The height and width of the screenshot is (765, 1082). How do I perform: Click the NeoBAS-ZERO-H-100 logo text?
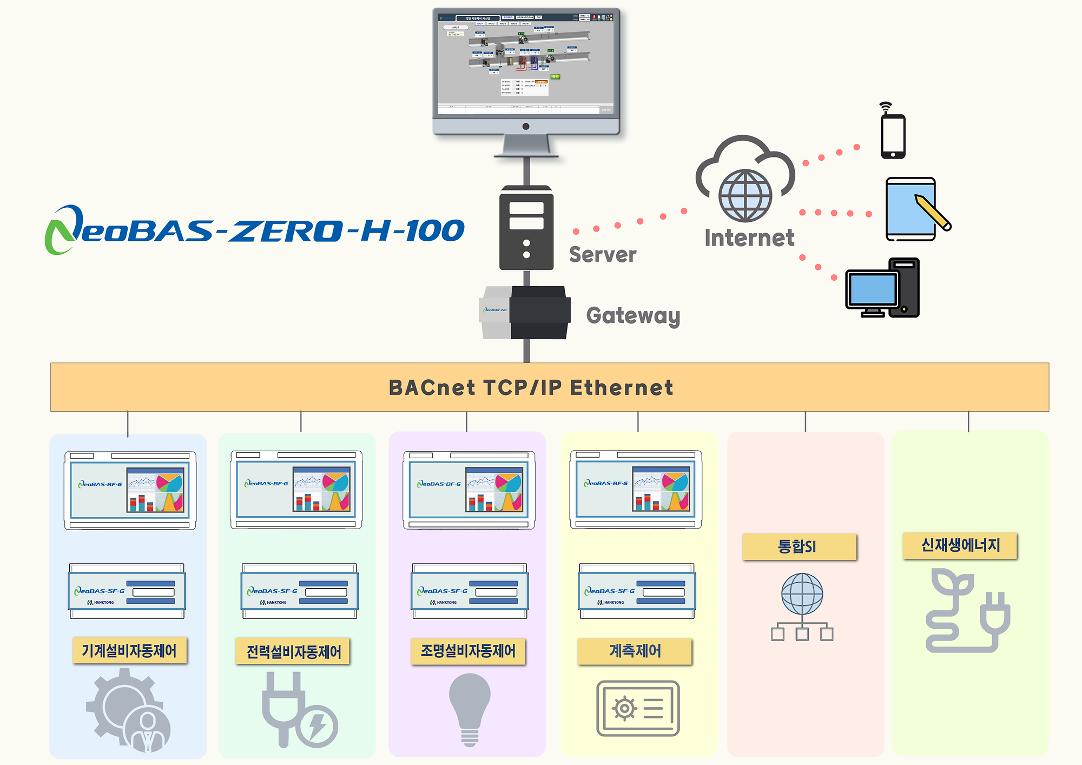tap(254, 230)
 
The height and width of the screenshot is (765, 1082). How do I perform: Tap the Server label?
tap(603, 254)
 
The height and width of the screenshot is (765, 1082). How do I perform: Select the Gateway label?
tap(633, 315)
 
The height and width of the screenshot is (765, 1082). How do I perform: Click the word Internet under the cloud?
tap(749, 238)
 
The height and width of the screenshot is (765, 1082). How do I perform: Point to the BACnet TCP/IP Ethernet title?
tap(531, 387)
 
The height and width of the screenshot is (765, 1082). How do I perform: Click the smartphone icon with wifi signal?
tap(893, 135)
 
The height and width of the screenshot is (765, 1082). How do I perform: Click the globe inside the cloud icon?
tap(745, 196)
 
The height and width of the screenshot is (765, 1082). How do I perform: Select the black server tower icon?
tap(526, 228)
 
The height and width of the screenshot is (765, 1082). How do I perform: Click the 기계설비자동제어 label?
tap(129, 650)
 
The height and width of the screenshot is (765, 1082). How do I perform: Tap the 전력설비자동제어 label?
tap(294, 651)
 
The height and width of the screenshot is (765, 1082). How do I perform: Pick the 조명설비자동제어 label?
tap(468, 651)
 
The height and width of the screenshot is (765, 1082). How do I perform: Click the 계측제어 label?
tap(635, 651)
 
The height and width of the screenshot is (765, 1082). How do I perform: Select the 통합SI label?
tap(799, 546)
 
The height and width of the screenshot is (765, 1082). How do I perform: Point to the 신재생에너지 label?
tap(960, 545)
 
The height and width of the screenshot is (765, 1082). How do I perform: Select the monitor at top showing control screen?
tap(526, 70)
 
